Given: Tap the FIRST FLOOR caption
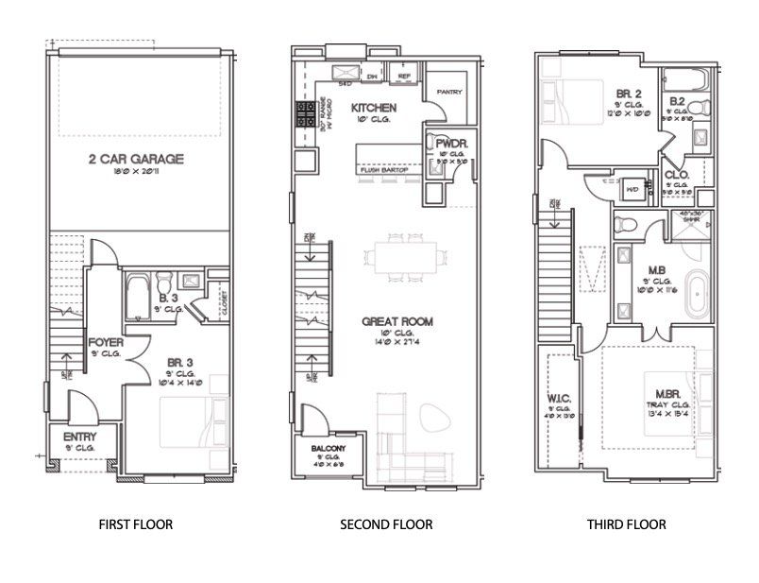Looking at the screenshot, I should (x=136, y=523).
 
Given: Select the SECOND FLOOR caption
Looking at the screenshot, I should (x=386, y=523).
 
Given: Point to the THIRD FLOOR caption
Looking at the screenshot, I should (x=626, y=523).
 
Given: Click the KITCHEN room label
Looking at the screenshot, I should (x=374, y=109).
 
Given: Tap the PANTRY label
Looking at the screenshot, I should (x=447, y=92).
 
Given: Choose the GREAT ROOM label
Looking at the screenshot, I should (x=397, y=321).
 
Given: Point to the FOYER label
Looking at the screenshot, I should (x=103, y=341).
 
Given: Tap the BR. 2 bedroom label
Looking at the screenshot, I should (x=629, y=94).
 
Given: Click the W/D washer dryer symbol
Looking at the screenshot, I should (x=632, y=188).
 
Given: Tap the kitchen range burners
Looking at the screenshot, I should (x=306, y=115).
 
